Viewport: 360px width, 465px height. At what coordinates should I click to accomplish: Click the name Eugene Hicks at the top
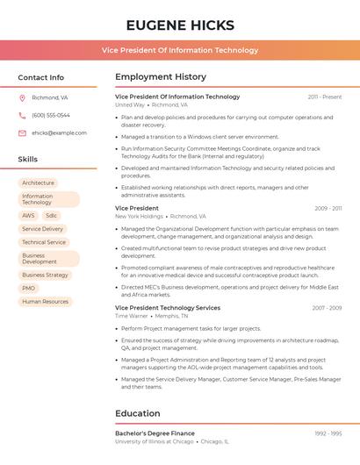180,25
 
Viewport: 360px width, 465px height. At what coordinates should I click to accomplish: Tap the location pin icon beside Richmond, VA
22,97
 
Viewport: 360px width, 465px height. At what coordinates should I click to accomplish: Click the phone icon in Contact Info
22,115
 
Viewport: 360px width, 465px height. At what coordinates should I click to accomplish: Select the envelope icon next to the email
22,133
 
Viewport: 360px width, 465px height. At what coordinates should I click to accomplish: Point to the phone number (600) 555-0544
51,115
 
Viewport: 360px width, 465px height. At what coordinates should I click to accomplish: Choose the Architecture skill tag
38,182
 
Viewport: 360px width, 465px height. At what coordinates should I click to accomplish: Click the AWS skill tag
29,215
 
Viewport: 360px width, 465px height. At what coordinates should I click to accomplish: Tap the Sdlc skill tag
51,215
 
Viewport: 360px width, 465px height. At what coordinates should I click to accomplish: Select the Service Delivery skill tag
42,229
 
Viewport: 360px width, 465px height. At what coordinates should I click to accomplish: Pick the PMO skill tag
29,288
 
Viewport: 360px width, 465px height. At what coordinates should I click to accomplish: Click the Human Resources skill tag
45,302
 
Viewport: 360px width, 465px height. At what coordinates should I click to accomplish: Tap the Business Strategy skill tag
45,275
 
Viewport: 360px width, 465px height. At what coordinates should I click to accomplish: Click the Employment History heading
161,77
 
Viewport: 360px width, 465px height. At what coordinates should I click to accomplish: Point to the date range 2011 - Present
325,97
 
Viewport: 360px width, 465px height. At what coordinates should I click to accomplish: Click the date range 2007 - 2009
327,308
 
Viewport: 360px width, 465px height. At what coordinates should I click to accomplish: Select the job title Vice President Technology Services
168,308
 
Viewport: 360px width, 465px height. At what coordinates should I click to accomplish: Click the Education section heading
138,413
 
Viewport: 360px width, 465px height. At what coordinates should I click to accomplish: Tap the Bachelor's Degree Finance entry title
155,433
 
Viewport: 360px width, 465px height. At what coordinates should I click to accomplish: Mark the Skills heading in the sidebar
28,159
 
